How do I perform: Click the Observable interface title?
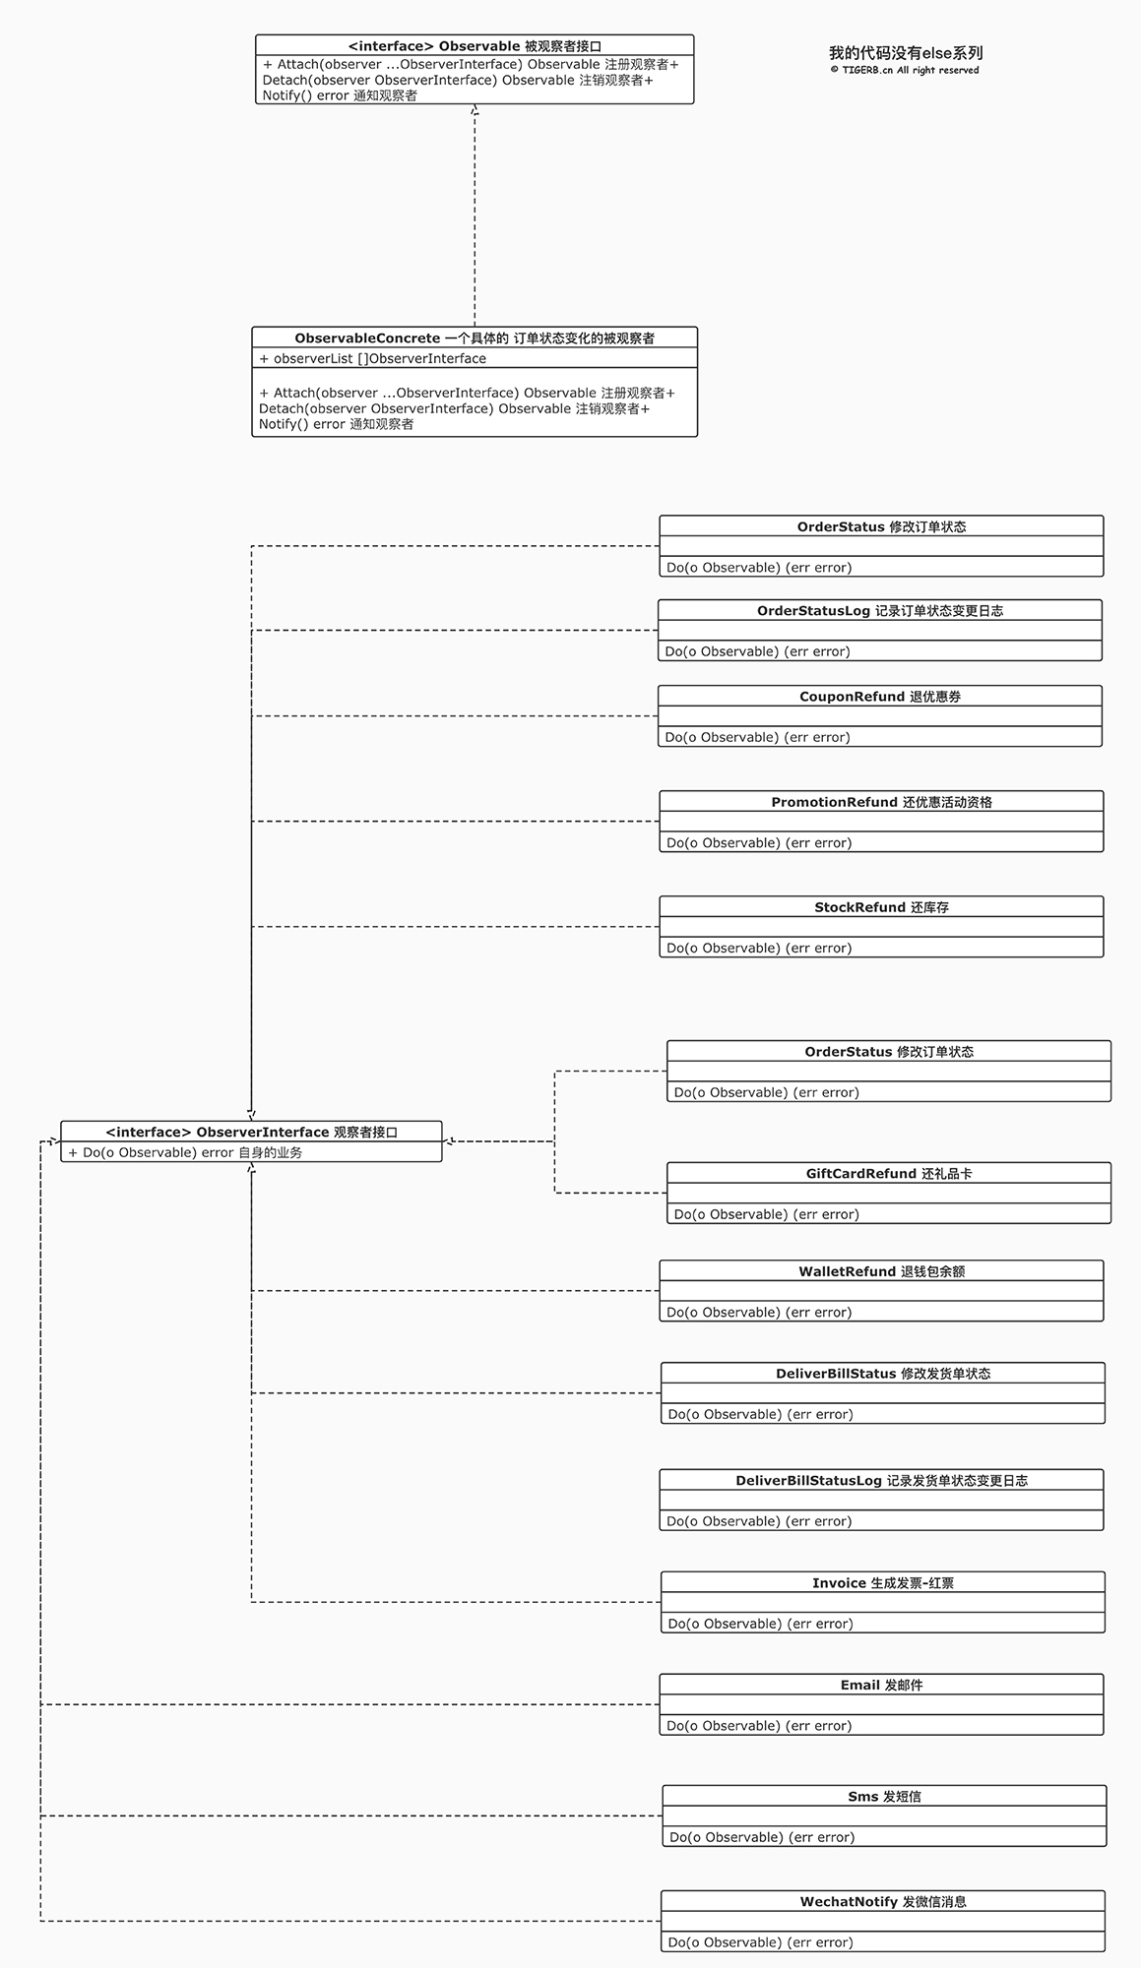(x=475, y=46)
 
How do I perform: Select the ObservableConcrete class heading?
(x=475, y=338)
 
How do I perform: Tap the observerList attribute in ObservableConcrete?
(x=373, y=359)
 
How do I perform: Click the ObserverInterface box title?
(x=252, y=1133)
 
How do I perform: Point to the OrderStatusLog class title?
(x=880, y=611)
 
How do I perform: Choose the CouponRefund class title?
(x=880, y=697)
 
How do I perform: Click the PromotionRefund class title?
(x=882, y=802)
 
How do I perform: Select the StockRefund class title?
(x=882, y=907)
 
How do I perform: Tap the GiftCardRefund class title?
(x=889, y=1174)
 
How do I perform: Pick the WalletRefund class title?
(x=882, y=1271)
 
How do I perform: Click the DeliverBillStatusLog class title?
(x=882, y=1481)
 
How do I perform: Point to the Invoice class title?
(x=883, y=1583)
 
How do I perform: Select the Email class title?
(x=882, y=1686)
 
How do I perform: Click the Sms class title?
(x=885, y=1797)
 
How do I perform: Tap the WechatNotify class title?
(x=883, y=1902)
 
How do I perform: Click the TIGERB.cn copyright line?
(x=905, y=70)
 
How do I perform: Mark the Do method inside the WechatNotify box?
(x=761, y=1942)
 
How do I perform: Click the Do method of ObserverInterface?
(x=185, y=1152)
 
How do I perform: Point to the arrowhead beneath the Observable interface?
(x=475, y=109)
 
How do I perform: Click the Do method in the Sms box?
(x=762, y=1837)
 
